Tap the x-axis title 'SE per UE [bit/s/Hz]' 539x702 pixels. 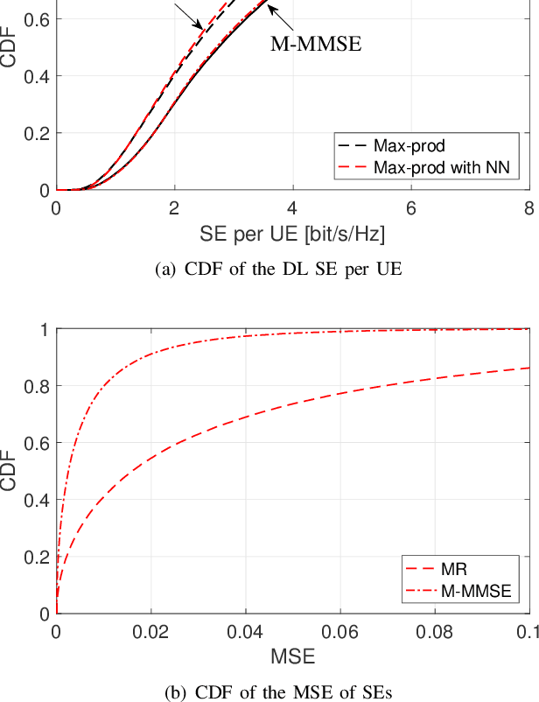(x=292, y=235)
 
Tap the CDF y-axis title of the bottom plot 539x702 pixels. (x=10, y=471)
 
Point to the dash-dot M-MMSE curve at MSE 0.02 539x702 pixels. (x=150, y=355)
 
